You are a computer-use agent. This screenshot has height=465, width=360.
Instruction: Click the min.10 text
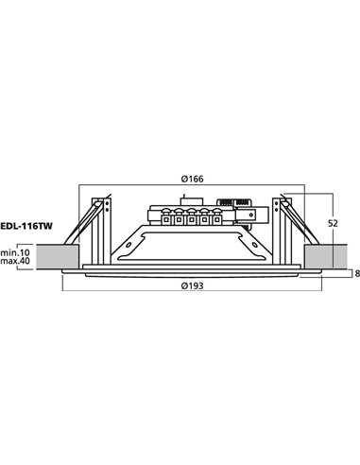[x=16, y=252]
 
